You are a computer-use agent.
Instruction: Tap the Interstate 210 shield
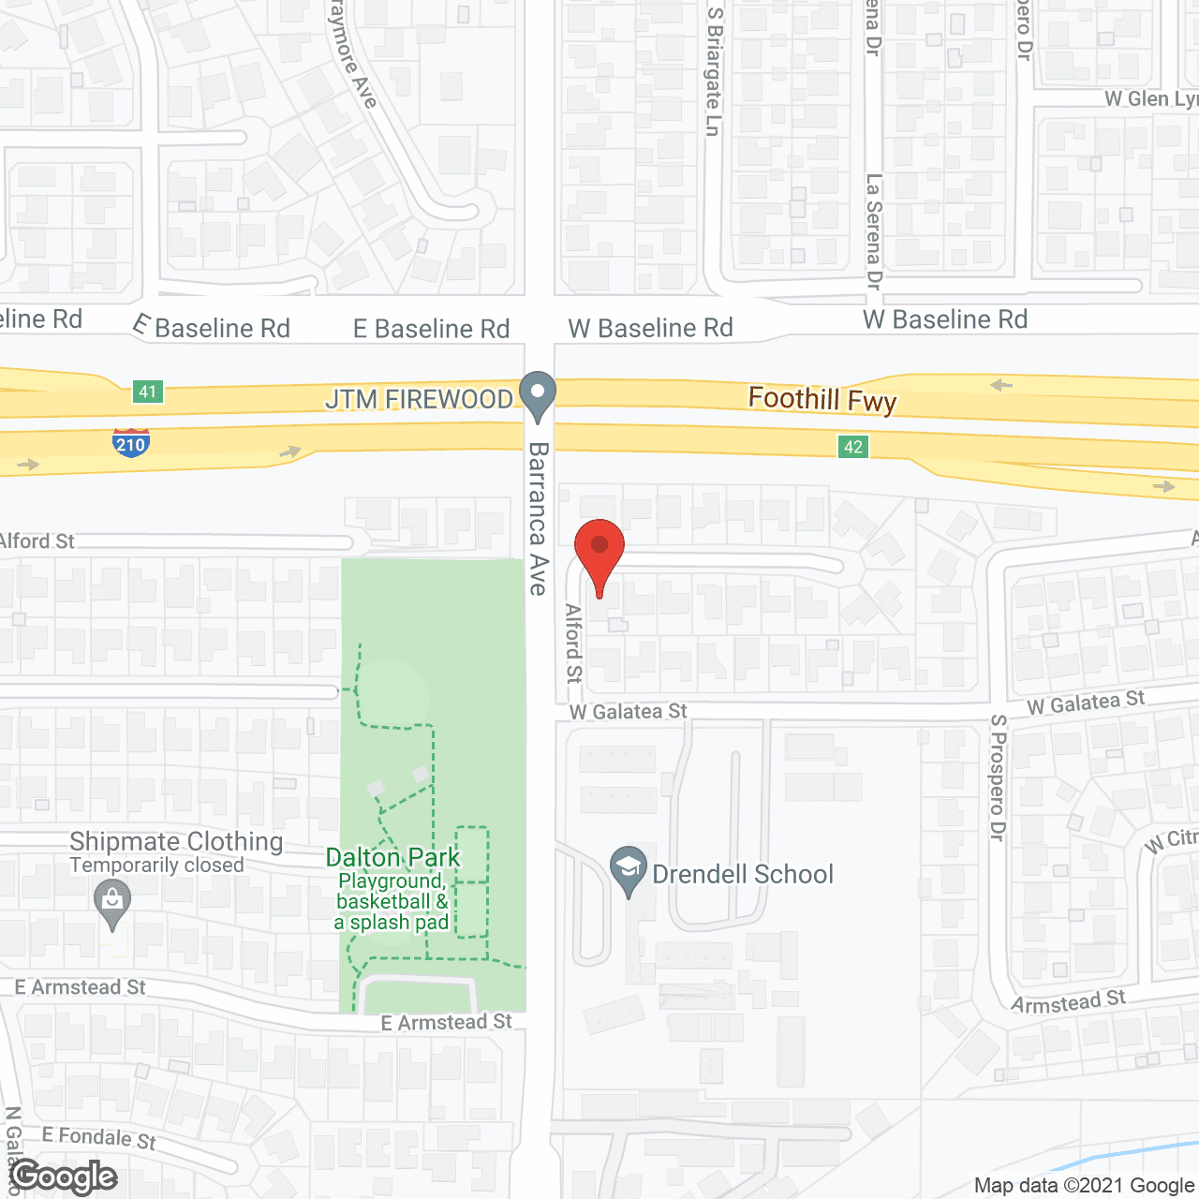(130, 441)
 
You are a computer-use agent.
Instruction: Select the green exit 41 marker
(148, 391)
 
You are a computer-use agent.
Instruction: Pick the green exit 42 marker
(852, 447)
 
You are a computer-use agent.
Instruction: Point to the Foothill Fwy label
(822, 400)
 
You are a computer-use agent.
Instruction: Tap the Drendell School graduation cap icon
(629, 870)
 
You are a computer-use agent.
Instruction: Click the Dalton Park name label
(392, 857)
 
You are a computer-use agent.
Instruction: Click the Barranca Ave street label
(538, 518)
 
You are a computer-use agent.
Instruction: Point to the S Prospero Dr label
(999, 777)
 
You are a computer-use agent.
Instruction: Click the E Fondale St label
(98, 1137)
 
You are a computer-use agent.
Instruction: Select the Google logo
(64, 1177)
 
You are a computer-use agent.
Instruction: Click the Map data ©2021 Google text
(1084, 1185)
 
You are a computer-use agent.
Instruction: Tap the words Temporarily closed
(156, 866)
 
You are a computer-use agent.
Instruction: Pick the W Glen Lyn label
(1150, 99)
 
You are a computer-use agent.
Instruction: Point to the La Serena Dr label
(874, 230)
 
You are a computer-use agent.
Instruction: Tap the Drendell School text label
(742, 874)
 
